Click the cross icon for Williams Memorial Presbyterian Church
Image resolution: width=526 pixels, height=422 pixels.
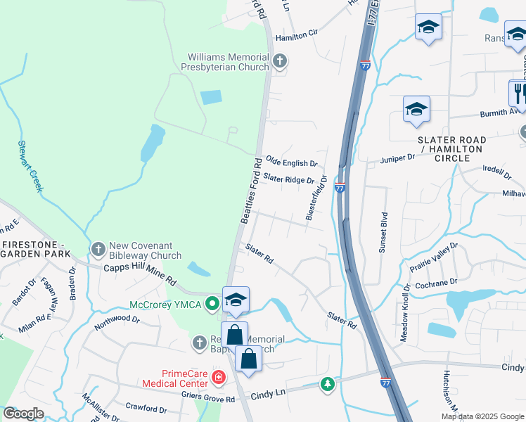pyautogui.click(x=280, y=60)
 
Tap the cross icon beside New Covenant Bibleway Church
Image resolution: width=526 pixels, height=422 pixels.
pyautogui.click(x=98, y=250)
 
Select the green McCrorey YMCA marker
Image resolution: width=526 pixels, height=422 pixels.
pyautogui.click(x=211, y=305)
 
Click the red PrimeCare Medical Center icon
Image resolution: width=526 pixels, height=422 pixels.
pyautogui.click(x=219, y=378)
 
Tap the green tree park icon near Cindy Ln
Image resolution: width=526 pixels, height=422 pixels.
pyautogui.click(x=327, y=383)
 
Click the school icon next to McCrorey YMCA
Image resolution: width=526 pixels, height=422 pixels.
pyautogui.click(x=236, y=300)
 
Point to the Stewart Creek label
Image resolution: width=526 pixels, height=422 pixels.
pyautogui.click(x=30, y=165)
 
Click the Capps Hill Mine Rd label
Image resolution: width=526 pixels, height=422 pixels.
pyautogui.click(x=140, y=273)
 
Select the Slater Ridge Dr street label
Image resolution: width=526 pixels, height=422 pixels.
pyautogui.click(x=290, y=179)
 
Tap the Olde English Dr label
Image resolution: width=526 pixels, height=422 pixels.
pyautogui.click(x=291, y=162)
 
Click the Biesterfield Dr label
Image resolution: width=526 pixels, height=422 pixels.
pyautogui.click(x=316, y=198)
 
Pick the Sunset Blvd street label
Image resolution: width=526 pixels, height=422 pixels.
pyautogui.click(x=383, y=232)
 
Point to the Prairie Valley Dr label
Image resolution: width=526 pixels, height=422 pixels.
pyautogui.click(x=434, y=258)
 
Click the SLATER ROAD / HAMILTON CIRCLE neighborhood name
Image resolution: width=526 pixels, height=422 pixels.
pyautogui.click(x=451, y=149)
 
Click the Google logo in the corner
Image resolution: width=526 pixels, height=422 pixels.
pyautogui.click(x=23, y=414)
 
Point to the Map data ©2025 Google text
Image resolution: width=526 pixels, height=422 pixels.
pyautogui.click(x=482, y=416)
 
